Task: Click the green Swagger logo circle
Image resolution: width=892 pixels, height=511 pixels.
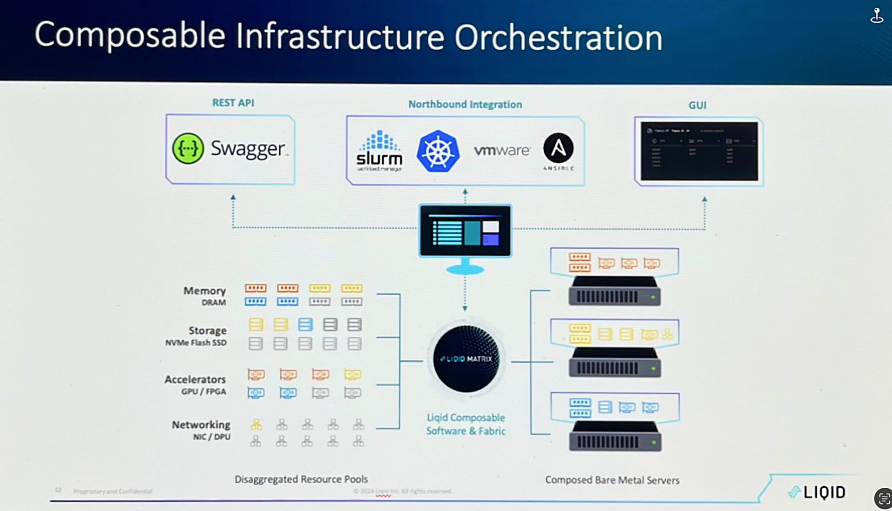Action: (188, 148)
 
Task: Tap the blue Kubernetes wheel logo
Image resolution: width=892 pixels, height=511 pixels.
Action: (438, 151)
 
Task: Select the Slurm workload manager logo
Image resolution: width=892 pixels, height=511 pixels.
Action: (380, 151)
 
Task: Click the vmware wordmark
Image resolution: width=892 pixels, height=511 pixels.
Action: (502, 150)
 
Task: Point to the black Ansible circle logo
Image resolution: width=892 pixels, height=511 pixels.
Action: (558, 148)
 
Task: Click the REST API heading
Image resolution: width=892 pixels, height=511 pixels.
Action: (233, 103)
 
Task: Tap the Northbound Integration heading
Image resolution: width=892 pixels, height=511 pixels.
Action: (465, 105)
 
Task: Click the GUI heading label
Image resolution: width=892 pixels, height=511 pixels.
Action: (697, 106)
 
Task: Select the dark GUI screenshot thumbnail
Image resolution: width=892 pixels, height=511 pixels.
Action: (699, 151)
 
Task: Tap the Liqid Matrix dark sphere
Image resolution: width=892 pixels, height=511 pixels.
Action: (466, 358)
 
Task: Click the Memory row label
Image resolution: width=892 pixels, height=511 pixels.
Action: (204, 291)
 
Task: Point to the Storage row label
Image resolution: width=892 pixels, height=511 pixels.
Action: (207, 331)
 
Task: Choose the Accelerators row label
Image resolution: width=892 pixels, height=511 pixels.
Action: (195, 379)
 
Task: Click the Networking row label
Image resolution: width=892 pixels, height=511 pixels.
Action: (201, 425)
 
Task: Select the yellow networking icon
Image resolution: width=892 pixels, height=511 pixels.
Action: (256, 424)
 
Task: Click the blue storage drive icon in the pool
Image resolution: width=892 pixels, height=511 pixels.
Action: (305, 324)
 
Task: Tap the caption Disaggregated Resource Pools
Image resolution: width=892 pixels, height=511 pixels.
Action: (301, 479)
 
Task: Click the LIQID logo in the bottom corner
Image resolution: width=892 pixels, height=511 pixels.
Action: (818, 492)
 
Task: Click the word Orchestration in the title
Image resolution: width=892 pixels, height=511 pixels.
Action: (558, 37)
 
